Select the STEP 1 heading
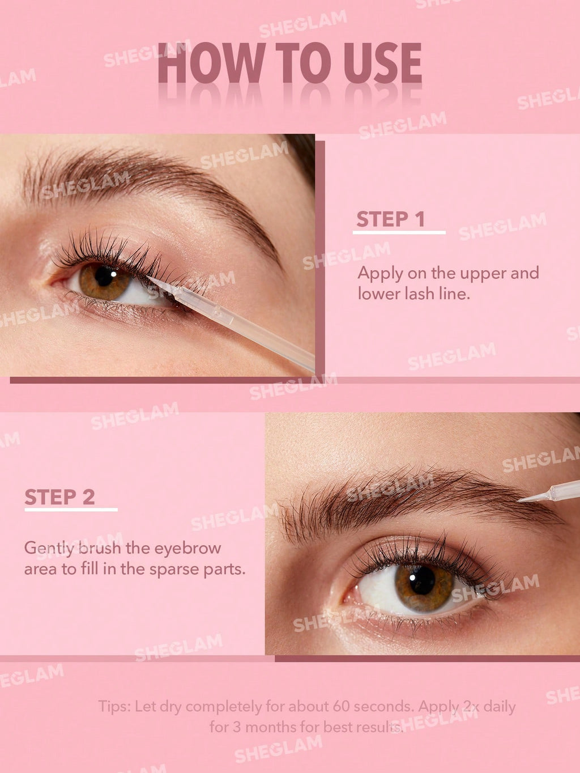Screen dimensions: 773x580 pos(390,219)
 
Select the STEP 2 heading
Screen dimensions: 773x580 pos(59,497)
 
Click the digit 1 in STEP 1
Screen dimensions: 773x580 pos(419,219)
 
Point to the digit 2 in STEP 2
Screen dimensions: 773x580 pos(88,497)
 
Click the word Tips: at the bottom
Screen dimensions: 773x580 pos(114,707)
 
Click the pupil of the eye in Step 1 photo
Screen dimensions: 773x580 pos(104,276)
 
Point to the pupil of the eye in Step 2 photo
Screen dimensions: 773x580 pos(422,580)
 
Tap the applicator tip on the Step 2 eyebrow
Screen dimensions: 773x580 pos(522,500)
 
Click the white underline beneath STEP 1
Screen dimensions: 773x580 pos(399,232)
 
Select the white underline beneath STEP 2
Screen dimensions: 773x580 pos(71,510)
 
